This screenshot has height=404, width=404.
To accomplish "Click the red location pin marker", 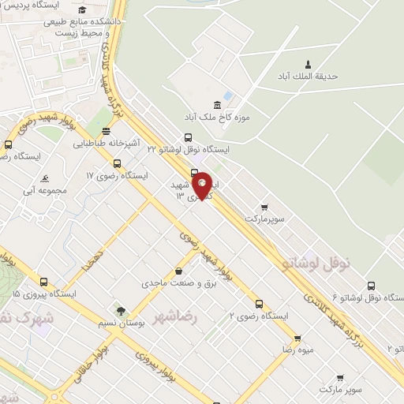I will click(x=203, y=185).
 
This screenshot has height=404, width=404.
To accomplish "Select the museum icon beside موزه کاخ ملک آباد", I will click(x=217, y=106).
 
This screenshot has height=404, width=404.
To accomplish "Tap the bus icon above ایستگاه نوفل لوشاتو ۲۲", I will click(x=188, y=137).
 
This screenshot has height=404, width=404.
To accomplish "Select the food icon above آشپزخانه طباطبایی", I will click(x=106, y=131).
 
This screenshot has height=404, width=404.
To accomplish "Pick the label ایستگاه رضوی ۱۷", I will click(x=117, y=175).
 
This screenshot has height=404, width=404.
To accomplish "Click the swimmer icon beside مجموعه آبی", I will click(x=45, y=178).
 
